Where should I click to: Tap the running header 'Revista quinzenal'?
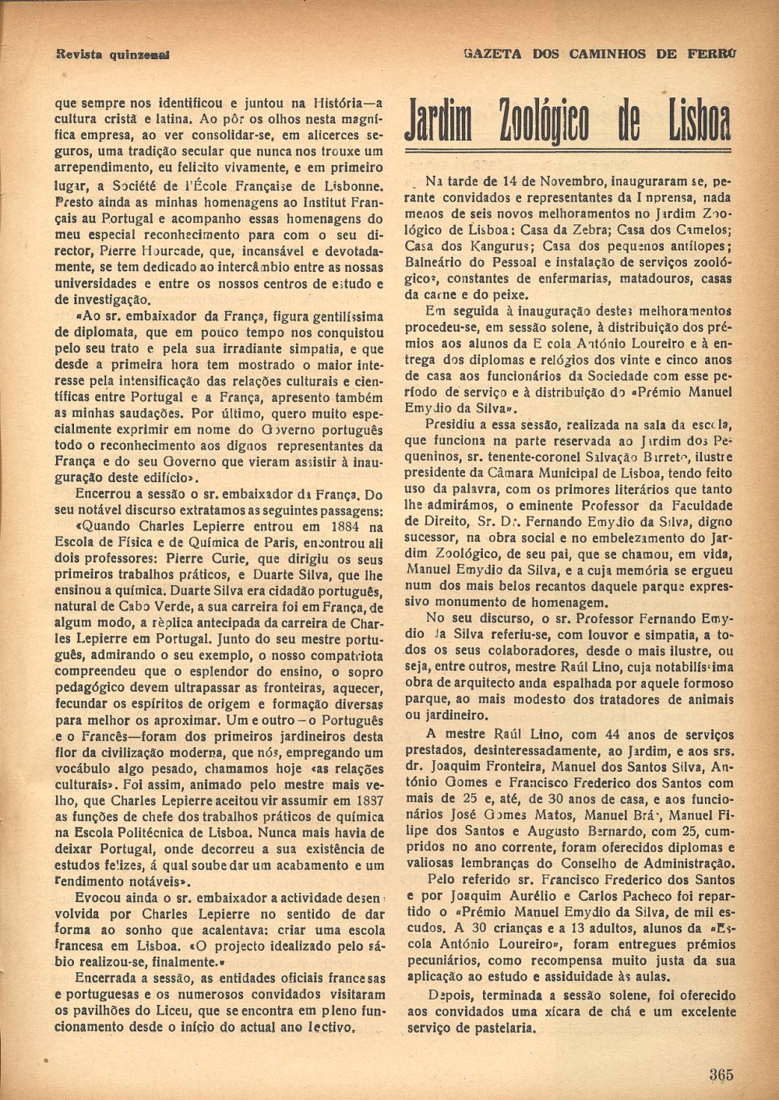click(x=114, y=55)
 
